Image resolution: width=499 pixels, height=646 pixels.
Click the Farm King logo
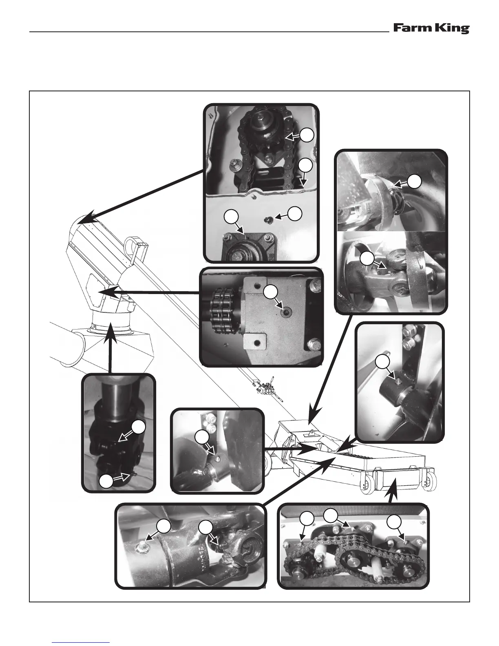(431, 29)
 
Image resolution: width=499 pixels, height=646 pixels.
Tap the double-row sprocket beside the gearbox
(223, 314)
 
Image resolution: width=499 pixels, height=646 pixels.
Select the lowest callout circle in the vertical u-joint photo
(106, 482)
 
